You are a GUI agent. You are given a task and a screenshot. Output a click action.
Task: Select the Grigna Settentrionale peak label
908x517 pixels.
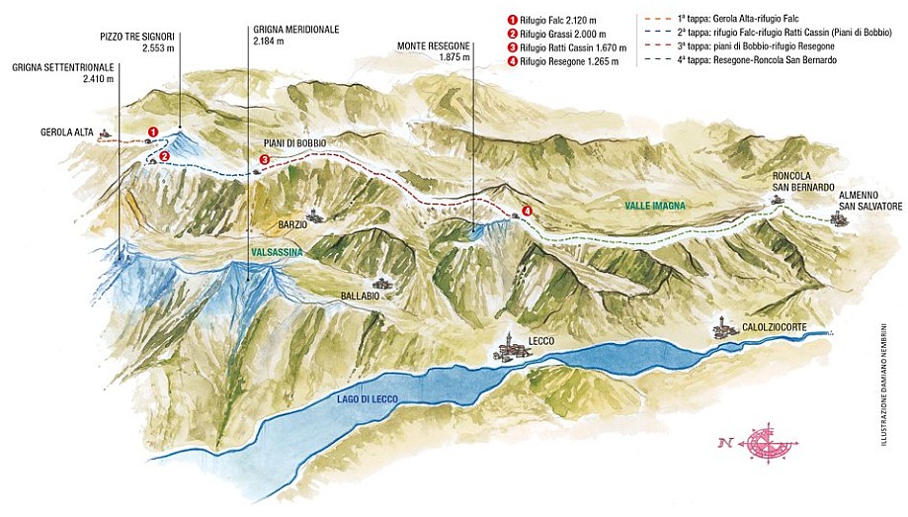(62, 72)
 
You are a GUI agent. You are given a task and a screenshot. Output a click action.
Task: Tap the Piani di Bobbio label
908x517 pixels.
(294, 143)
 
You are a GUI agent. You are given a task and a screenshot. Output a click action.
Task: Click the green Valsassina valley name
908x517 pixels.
(278, 253)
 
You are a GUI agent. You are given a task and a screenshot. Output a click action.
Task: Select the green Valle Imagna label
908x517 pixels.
(654, 206)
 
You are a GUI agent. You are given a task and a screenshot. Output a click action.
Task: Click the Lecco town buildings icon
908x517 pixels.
(510, 347)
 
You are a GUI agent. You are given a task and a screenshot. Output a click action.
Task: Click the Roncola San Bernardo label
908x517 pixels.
(804, 182)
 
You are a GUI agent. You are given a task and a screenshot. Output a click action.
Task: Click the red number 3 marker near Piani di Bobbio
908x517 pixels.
(264, 159)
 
